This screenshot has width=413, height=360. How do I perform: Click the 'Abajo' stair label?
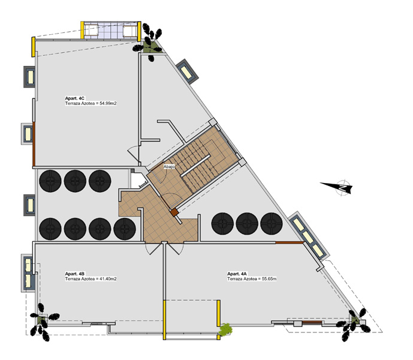(169, 167)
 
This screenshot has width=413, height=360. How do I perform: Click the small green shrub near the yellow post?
(226, 329)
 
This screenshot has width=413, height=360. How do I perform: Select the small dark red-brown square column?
(174, 212)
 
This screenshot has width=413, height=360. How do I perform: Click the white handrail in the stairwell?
(195, 165)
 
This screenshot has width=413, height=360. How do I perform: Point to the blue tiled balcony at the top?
(111, 30)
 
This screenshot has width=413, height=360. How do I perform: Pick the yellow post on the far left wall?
(34, 47)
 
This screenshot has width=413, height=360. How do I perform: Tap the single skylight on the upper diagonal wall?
(187, 71)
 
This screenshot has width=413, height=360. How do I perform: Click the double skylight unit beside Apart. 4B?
(28, 273)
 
